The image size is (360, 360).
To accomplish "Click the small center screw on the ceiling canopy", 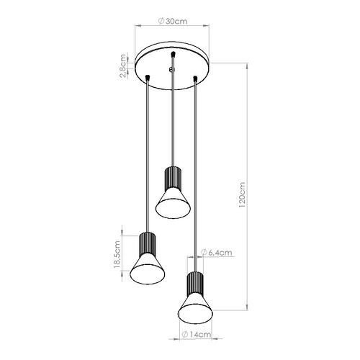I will tap(171, 69).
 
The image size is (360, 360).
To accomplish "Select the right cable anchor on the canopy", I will tap(194, 77).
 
